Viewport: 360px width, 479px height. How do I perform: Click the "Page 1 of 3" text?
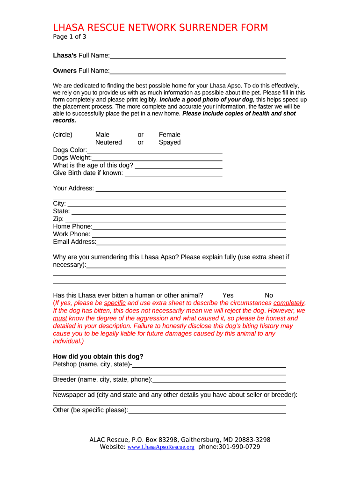pyautogui.click(x=69, y=37)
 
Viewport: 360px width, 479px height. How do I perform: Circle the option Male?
pyautogui.click(x=102, y=135)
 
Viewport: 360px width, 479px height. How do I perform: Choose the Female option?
pyautogui.click(x=169, y=135)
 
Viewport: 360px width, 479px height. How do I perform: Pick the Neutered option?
pyautogui.click(x=108, y=142)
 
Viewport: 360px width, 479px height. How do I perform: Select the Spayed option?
pyautogui.click(x=169, y=142)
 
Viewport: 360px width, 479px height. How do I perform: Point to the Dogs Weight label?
pyautogui.click(x=72, y=158)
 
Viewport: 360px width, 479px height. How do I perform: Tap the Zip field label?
pyautogui.click(x=58, y=219)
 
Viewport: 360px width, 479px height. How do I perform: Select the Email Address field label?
pyautogui.click(x=74, y=242)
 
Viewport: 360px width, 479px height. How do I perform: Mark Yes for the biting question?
pyautogui.click(x=228, y=295)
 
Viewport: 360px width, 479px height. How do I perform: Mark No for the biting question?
pyautogui.click(x=269, y=295)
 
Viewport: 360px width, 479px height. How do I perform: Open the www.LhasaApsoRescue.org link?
pyautogui.click(x=161, y=447)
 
